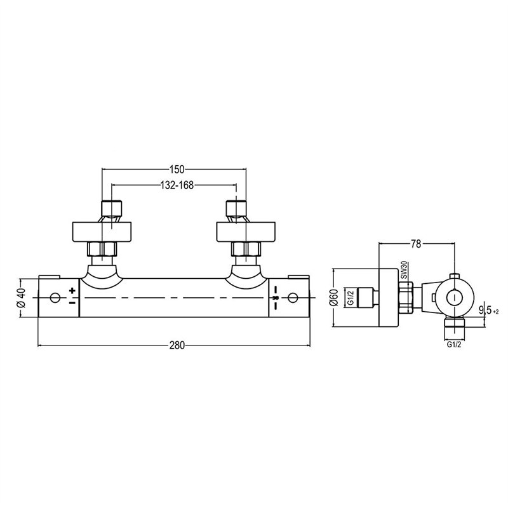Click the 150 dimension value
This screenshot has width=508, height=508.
pos(177,169)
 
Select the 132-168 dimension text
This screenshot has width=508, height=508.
pos(177,185)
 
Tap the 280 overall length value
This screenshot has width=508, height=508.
pos(177,345)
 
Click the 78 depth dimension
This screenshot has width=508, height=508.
pos(416,244)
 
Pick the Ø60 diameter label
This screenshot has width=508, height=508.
pos(335,297)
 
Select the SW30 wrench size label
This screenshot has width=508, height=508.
pos(404,271)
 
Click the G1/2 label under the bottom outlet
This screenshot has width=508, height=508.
pos(454,345)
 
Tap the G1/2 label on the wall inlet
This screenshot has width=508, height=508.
pos(351,298)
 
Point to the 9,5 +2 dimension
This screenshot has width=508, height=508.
pos(489,311)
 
